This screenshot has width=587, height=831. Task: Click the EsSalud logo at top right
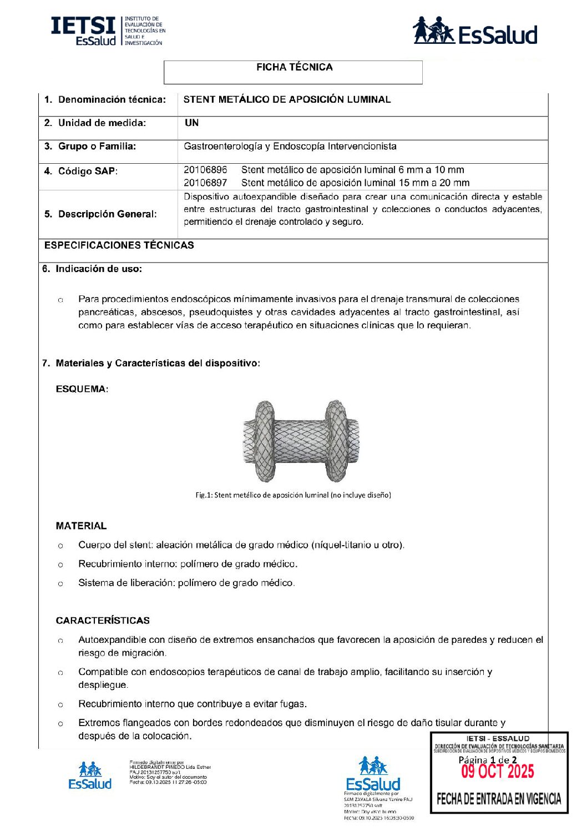475,32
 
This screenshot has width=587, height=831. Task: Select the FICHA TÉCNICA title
294,67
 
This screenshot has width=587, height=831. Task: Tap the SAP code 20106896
205,170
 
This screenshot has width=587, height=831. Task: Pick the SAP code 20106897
205,183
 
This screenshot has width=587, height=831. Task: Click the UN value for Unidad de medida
191,123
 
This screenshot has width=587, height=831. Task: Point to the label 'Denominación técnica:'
112,100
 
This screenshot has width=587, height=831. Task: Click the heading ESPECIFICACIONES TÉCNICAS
119,245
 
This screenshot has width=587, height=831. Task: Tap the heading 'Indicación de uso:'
98,269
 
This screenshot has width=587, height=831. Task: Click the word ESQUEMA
82,389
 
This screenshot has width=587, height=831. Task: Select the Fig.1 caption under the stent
293,495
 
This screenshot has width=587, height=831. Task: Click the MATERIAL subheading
81,526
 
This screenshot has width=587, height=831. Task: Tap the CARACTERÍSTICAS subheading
103,621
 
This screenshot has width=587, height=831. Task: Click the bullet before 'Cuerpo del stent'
60,546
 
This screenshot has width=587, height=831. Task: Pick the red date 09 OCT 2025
498,772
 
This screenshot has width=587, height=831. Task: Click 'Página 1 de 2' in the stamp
487,760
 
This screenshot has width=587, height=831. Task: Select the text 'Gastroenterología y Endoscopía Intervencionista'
290,147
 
